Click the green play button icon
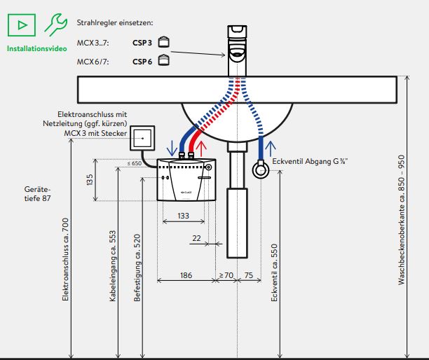point(22,25)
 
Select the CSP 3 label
point(142,42)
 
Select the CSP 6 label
point(142,61)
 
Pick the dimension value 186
point(186,275)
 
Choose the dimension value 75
point(248,275)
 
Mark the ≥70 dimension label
point(226,275)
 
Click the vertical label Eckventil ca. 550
point(274,272)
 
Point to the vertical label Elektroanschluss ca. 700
point(65,259)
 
